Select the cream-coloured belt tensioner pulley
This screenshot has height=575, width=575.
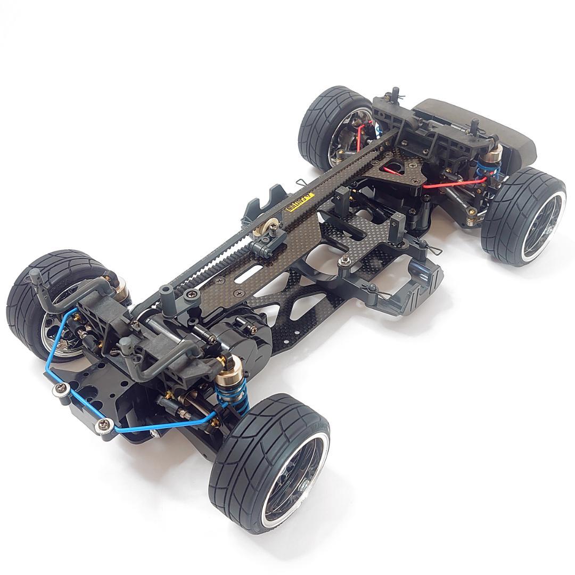[x=265, y=228]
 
